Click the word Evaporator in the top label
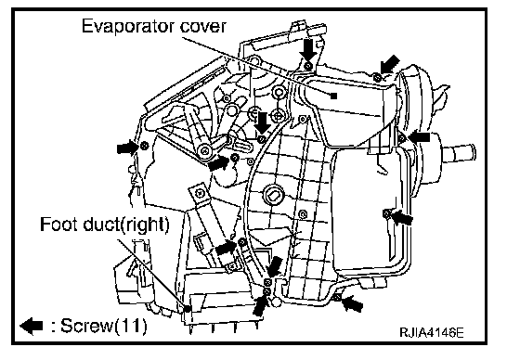click(x=129, y=26)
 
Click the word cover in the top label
click(x=203, y=27)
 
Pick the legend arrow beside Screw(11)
click(x=32, y=326)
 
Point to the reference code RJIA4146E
click(x=432, y=332)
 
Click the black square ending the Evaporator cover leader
click(x=334, y=96)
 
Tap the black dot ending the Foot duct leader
click(x=188, y=309)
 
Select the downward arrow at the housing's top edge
click(x=307, y=50)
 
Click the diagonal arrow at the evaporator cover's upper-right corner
click(x=389, y=64)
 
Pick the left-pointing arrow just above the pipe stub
click(x=419, y=136)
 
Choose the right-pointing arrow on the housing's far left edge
click(x=128, y=147)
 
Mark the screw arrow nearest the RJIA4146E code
click(x=352, y=303)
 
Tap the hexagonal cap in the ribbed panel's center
click(x=272, y=195)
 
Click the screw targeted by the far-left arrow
click(x=144, y=146)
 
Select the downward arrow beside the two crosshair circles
click(x=263, y=122)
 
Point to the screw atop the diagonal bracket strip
click(x=200, y=192)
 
